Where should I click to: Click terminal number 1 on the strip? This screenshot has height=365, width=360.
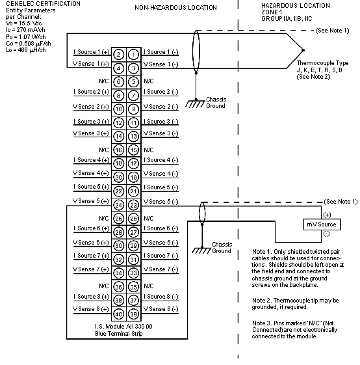pyautogui.click(x=133, y=55)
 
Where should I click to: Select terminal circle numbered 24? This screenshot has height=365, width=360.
pyautogui.click(x=119, y=205)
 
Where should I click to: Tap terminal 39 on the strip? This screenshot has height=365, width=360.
pyautogui.click(x=133, y=314)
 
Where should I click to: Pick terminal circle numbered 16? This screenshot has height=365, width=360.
pyautogui.click(x=119, y=150)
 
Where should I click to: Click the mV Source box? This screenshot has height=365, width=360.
pyautogui.click(x=322, y=224)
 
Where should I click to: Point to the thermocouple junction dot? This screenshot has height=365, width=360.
pyautogui.click(x=303, y=50)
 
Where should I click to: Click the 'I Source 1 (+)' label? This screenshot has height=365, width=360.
pyautogui.click(x=91, y=52)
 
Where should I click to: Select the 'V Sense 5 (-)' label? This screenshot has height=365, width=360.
pyautogui.click(x=161, y=202)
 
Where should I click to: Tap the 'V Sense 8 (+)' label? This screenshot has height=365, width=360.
pyautogui.click(x=91, y=309)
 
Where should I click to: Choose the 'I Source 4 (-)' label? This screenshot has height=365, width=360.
pyautogui.click(x=161, y=160)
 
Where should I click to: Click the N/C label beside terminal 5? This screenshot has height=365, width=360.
pyautogui.click(x=149, y=81)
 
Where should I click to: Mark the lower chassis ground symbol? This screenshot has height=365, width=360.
pyautogui.click(x=201, y=250)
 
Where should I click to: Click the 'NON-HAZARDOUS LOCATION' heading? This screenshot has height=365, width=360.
pyautogui.click(x=176, y=8)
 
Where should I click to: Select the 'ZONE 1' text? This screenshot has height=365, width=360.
pyautogui.click(x=272, y=12)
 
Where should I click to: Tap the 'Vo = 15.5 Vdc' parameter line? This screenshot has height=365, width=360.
pyautogui.click(x=24, y=23)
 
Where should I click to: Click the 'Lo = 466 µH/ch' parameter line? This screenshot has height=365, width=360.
pyautogui.click(x=26, y=50)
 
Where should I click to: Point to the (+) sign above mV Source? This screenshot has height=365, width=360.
pyautogui.click(x=327, y=215)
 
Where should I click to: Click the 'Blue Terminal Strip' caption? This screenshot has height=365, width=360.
pyautogui.click(x=119, y=334)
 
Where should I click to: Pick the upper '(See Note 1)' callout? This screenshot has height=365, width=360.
pyautogui.click(x=332, y=31)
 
